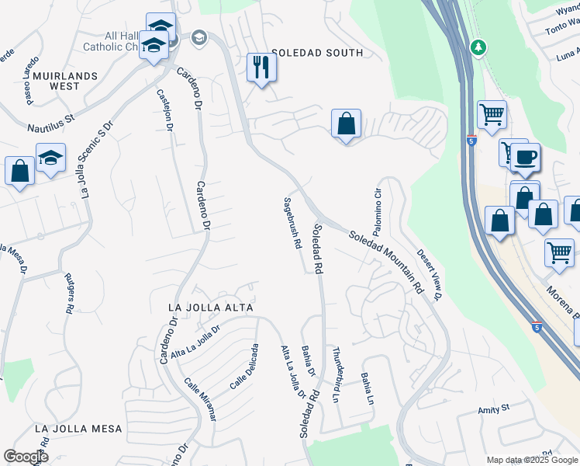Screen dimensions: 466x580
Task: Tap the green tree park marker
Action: coord(479,47)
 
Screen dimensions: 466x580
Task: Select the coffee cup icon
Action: coord(526,158)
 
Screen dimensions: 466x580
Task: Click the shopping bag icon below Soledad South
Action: coord(346,123)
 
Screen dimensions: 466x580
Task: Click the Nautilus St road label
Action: coord(49,119)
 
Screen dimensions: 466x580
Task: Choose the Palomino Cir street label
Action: coord(378,212)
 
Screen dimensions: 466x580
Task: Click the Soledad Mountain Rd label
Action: coord(385,260)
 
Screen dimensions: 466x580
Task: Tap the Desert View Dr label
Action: coord(428,275)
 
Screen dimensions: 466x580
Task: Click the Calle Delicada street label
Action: coord(243,367)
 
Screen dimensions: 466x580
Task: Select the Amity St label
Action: coord(493,408)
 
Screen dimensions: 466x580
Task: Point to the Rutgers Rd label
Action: coord(67,292)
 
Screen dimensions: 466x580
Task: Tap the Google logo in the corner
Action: coord(25,457)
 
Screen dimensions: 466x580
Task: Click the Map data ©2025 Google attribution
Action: coord(530,459)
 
